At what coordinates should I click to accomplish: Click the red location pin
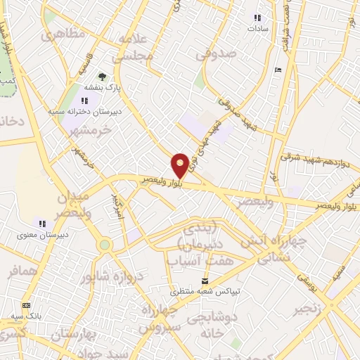point(181,165)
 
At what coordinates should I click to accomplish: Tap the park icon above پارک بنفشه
point(103,77)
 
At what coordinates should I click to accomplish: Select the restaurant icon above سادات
point(257,18)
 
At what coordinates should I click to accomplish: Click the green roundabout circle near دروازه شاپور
point(105,245)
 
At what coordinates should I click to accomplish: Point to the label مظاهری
point(63,34)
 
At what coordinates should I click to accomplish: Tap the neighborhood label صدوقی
point(213,53)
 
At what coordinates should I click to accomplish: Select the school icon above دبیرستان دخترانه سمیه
point(85,101)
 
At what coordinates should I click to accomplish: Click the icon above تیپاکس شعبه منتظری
point(205,280)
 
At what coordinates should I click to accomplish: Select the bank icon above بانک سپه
point(27,306)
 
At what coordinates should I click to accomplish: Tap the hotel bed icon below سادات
point(278,70)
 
